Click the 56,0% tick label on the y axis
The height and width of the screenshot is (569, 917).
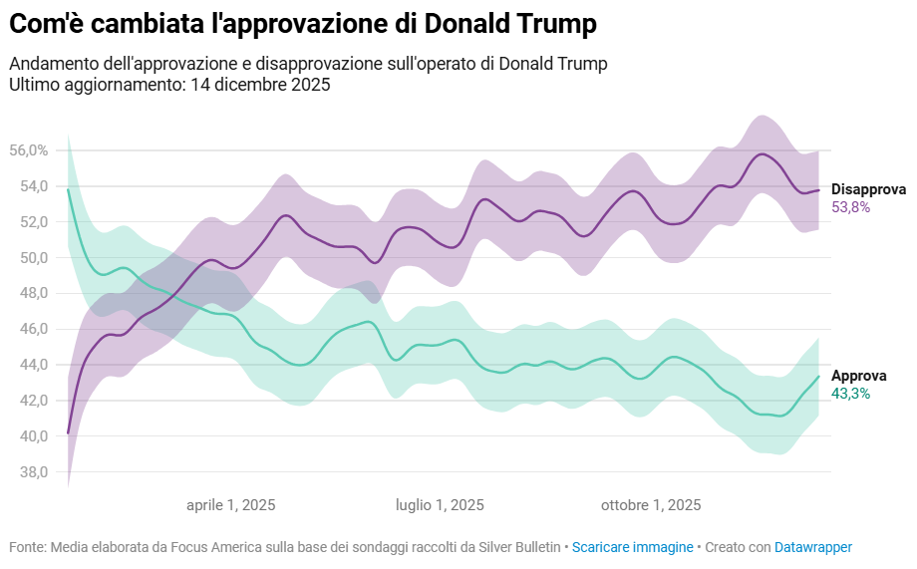28,150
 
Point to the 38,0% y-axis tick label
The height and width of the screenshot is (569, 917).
28,472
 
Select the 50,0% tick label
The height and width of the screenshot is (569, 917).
28,258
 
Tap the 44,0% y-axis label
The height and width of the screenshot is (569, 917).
28,365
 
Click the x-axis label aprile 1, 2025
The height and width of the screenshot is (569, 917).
231,505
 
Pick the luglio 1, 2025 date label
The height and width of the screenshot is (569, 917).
440,505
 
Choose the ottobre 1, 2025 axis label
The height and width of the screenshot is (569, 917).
651,505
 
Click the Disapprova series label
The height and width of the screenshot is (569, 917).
868,189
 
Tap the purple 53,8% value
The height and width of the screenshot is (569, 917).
851,207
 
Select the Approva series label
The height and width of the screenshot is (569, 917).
858,376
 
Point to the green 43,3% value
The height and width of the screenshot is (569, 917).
850,394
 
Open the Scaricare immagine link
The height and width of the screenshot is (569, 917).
632,547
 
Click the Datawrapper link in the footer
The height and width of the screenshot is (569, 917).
813,547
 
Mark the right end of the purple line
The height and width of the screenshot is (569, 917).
818,190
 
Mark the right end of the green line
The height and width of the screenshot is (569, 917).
818,377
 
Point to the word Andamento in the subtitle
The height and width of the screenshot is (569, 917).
48,64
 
